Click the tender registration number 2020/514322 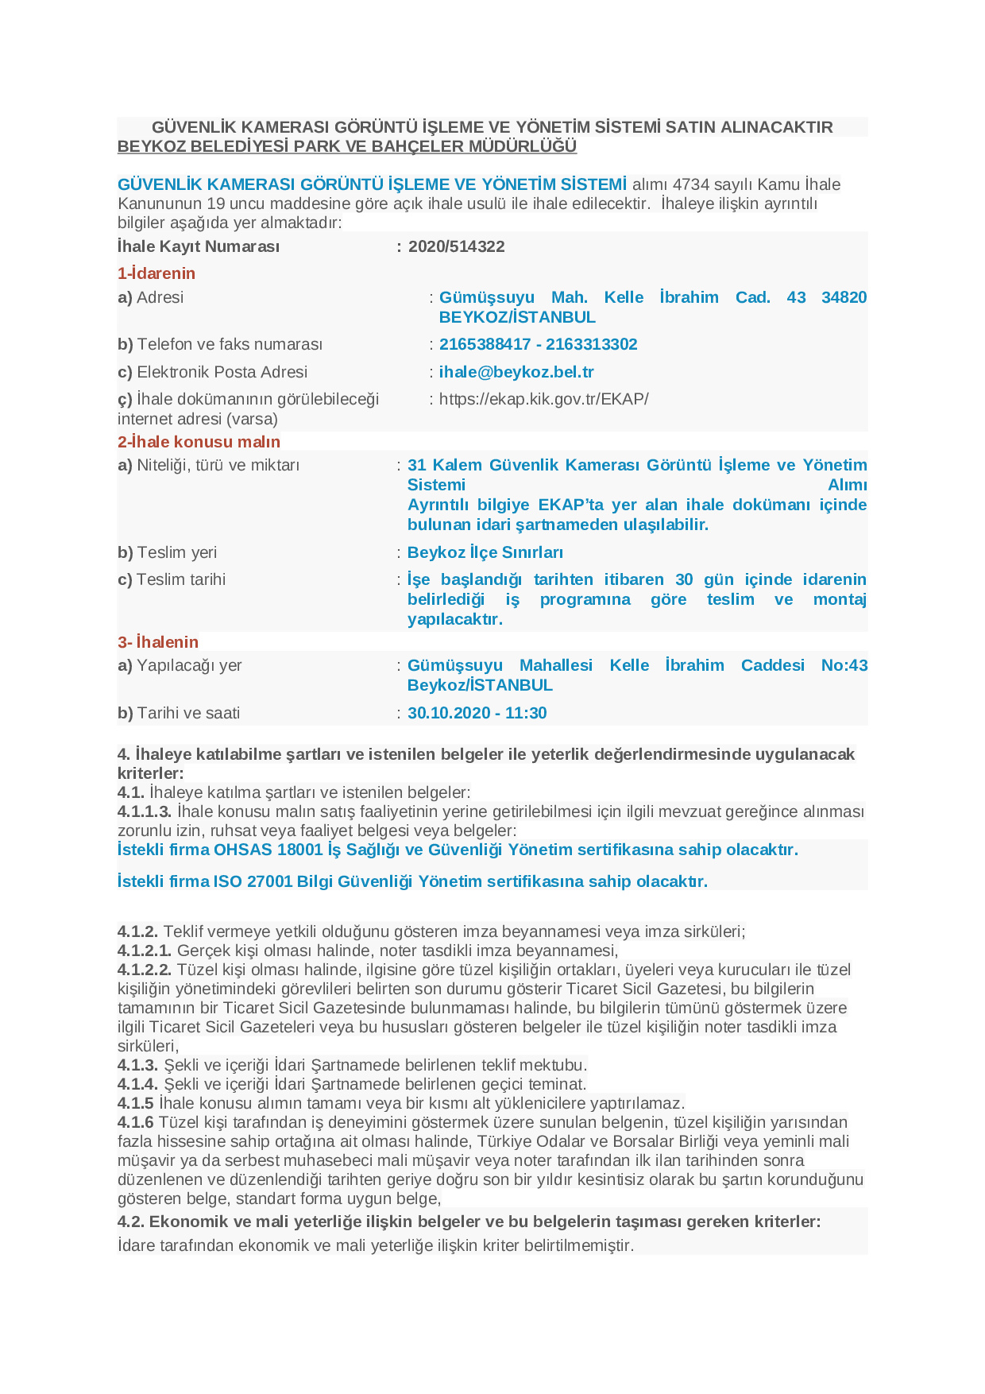pos(456,246)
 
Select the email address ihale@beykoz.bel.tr pos(516,372)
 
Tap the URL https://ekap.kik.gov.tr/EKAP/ pos(543,399)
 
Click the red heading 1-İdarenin pos(156,273)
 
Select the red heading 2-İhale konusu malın pos(199,442)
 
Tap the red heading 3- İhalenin pos(158,642)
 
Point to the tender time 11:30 pos(526,713)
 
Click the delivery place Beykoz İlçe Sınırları pos(485,552)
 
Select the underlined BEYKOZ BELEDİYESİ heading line pos(346,146)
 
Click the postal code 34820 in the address pos(844,297)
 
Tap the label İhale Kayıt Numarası pos(199,246)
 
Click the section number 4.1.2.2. pos(145,970)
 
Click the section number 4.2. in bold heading pos(131,1222)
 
